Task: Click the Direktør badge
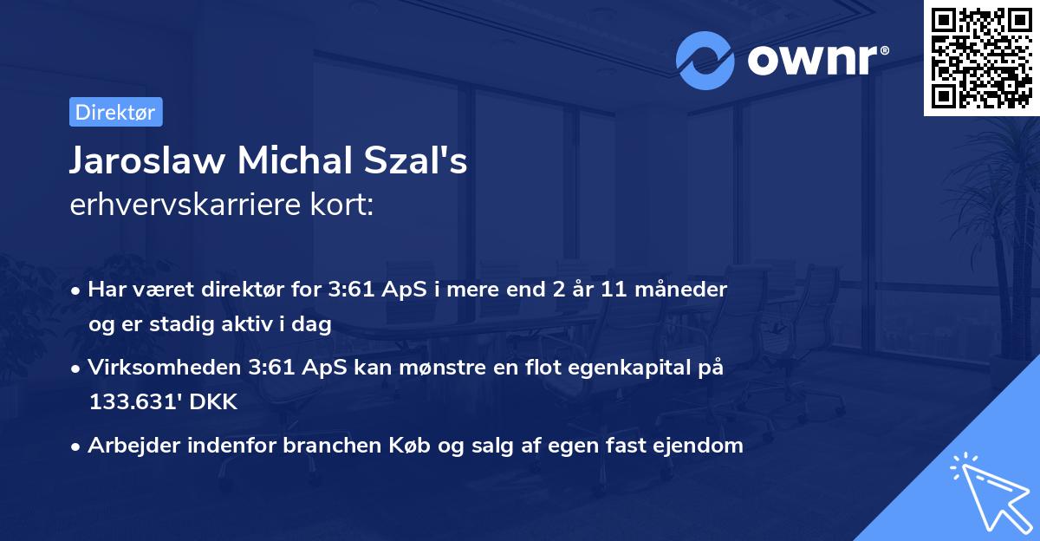tap(115, 112)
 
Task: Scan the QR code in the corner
tap(980, 58)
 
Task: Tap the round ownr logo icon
tap(705, 60)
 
